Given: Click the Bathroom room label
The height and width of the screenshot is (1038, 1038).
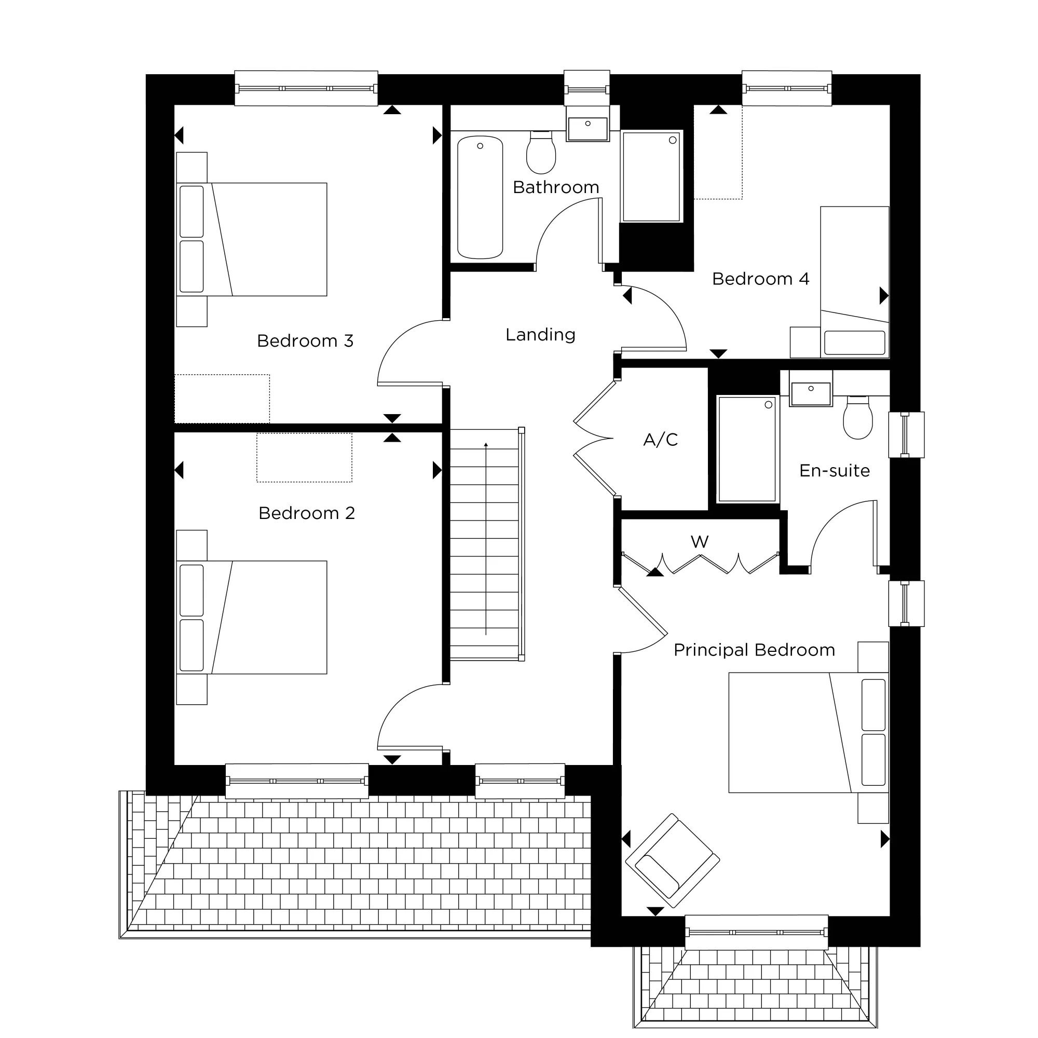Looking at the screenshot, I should coord(555,187).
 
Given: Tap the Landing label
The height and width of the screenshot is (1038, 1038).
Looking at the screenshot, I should coord(540,335).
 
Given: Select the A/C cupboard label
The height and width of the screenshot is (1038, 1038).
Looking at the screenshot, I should coord(660,440).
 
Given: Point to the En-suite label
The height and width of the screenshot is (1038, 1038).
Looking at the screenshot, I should coord(834,471).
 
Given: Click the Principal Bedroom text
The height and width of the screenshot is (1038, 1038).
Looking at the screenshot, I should coord(754,650).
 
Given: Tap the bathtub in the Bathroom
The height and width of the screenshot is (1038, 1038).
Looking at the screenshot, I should coord(480,197).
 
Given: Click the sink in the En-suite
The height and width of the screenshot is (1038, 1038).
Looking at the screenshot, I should coord(810,392).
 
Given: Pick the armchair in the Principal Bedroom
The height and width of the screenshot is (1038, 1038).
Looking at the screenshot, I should coord(672,859).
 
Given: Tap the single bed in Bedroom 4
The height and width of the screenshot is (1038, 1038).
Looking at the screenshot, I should coord(854,282).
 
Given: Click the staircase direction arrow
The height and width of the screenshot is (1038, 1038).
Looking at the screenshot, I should coord(486,537).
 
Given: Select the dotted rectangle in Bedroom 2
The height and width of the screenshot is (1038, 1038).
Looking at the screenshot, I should coord(304,458).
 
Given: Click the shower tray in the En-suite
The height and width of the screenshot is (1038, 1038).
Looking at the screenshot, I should coord(746,448).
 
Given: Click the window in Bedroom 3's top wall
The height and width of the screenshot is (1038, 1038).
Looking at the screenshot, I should coord(306,88).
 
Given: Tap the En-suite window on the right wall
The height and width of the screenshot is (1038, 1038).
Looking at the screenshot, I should coord(906,434).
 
